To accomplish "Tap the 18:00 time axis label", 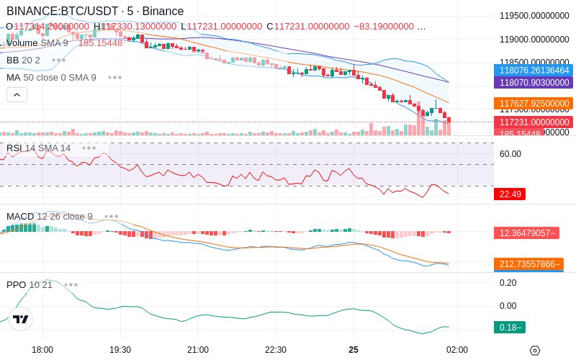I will coord(42,350).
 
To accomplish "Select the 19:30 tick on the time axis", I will coord(120,350).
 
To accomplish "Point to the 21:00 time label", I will coord(198,350).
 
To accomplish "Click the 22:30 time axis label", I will coord(276,350).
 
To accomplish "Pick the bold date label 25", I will coord(354,350).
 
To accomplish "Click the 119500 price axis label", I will coord(535,16).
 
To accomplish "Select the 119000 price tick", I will coord(535,40).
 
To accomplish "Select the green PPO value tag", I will coord(510,328).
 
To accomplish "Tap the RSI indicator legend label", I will coord(38,148).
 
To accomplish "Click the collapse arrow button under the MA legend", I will coord(17,94).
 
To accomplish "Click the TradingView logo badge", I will coord(21,319).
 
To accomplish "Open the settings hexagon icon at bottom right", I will coord(534,351).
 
